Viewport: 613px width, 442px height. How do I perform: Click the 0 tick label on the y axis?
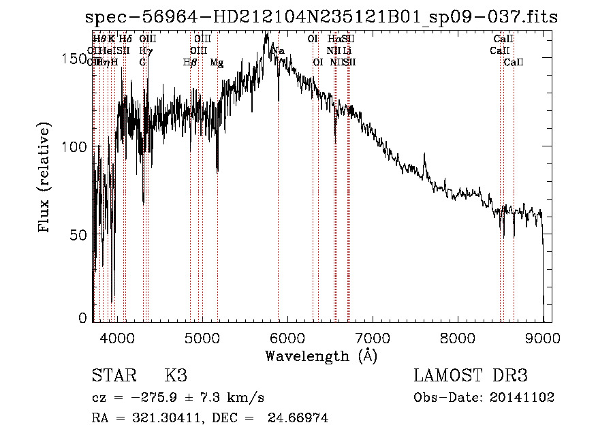tap(83, 318)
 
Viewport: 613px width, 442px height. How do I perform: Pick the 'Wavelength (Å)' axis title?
tap(321, 356)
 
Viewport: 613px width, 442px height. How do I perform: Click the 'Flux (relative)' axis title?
tap(46, 178)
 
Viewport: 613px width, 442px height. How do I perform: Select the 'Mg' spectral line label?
tap(216, 62)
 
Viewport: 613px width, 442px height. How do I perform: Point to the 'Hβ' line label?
tap(190, 62)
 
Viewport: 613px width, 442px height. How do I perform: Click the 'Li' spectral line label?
tap(347, 50)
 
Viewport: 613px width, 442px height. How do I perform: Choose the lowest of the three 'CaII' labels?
tap(513, 62)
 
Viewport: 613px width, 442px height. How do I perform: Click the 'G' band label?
tap(142, 62)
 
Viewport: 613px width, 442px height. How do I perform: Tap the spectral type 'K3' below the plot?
tap(175, 377)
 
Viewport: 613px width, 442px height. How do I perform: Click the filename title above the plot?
tap(316, 17)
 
